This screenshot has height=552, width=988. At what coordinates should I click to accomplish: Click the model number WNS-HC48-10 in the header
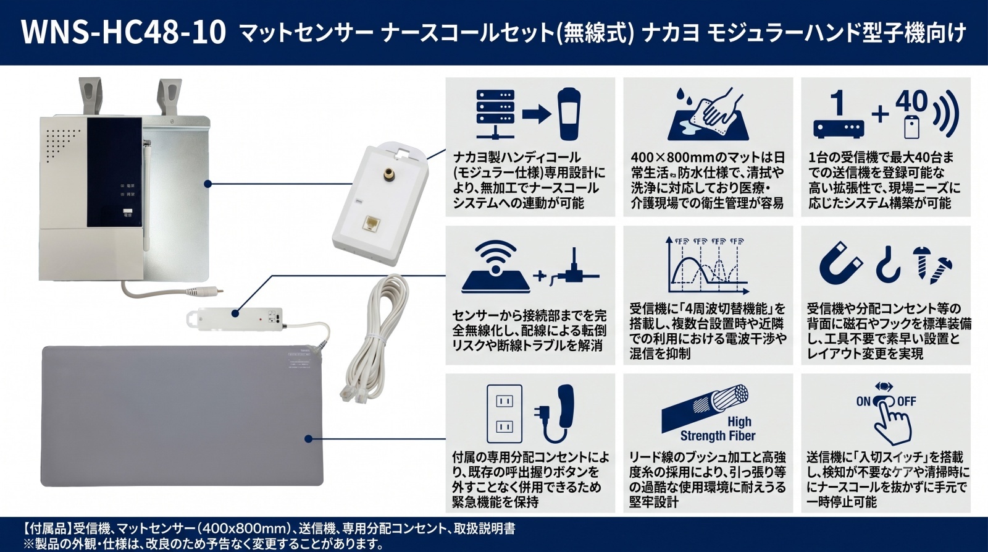point(124,33)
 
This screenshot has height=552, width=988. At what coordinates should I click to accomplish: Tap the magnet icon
point(840,263)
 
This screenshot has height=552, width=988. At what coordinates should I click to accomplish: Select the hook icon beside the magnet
point(887,264)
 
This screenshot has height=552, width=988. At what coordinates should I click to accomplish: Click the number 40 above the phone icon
point(911,101)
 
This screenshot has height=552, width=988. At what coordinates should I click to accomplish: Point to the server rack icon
point(495,114)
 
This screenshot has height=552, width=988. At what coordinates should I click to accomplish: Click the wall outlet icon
point(504,414)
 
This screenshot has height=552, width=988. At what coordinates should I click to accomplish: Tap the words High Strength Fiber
point(718,429)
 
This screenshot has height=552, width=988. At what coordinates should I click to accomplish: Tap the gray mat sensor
point(182,416)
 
